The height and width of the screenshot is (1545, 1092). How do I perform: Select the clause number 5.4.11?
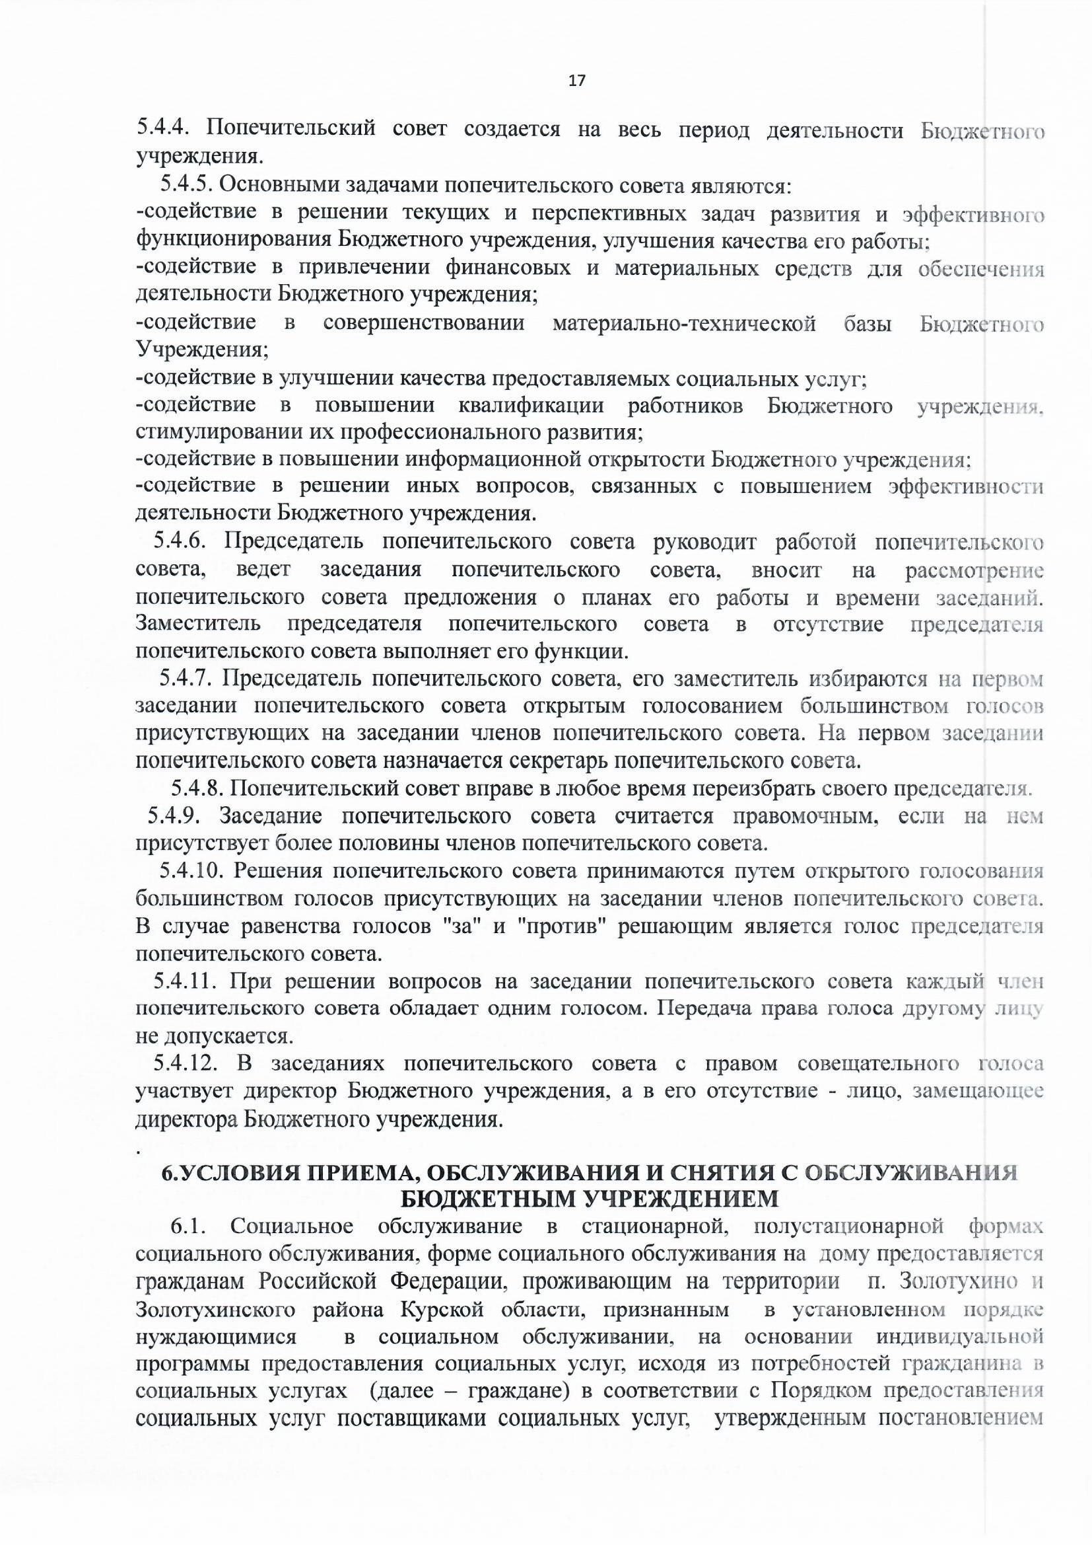[185, 982]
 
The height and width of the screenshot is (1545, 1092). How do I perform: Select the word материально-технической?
[684, 324]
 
